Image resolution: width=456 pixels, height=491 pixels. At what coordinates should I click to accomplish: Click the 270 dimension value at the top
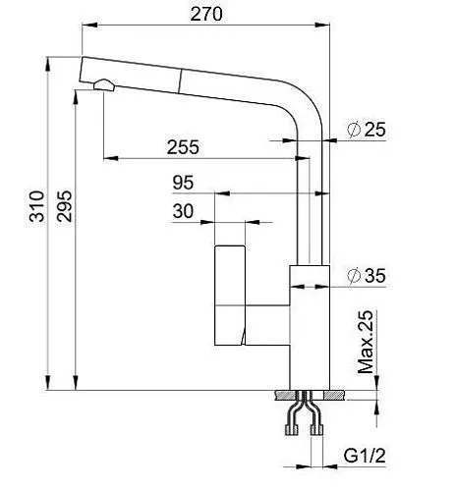pyautogui.click(x=206, y=14)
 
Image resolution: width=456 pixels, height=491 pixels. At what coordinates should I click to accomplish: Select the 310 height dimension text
pyautogui.click(x=36, y=206)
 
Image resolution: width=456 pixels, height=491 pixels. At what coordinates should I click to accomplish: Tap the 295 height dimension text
pyautogui.click(x=64, y=206)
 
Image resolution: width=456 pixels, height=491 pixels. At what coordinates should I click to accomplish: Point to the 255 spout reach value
pyautogui.click(x=183, y=147)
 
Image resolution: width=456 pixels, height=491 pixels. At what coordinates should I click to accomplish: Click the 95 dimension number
pyautogui.click(x=183, y=183)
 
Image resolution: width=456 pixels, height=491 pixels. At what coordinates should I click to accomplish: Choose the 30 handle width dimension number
pyautogui.click(x=183, y=211)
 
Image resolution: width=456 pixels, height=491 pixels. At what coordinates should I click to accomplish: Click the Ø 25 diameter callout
pyautogui.click(x=367, y=130)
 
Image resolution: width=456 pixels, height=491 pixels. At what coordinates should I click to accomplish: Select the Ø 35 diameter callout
pyautogui.click(x=367, y=276)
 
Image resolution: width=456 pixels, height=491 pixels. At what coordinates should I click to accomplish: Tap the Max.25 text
pyautogui.click(x=366, y=342)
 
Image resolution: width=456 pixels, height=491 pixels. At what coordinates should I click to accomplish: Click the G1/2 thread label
pyautogui.click(x=365, y=456)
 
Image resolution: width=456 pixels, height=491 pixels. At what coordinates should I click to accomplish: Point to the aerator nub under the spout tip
pyautogui.click(x=104, y=84)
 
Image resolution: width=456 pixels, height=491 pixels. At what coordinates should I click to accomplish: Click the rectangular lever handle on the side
pyautogui.click(x=230, y=296)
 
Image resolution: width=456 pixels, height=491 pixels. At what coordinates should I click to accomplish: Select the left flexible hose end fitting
pyautogui.click(x=292, y=429)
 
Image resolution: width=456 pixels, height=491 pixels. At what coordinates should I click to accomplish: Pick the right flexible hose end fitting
pyautogui.click(x=316, y=429)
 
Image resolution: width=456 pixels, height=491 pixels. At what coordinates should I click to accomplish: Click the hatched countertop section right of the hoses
pyautogui.click(x=334, y=395)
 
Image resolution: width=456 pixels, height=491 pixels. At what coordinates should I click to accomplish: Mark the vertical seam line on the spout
pyautogui.click(x=180, y=82)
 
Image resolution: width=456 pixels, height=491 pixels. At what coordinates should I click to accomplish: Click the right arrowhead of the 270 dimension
pyautogui.click(x=322, y=25)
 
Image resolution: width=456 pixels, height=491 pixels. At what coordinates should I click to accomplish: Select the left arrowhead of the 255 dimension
pyautogui.click(x=111, y=158)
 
